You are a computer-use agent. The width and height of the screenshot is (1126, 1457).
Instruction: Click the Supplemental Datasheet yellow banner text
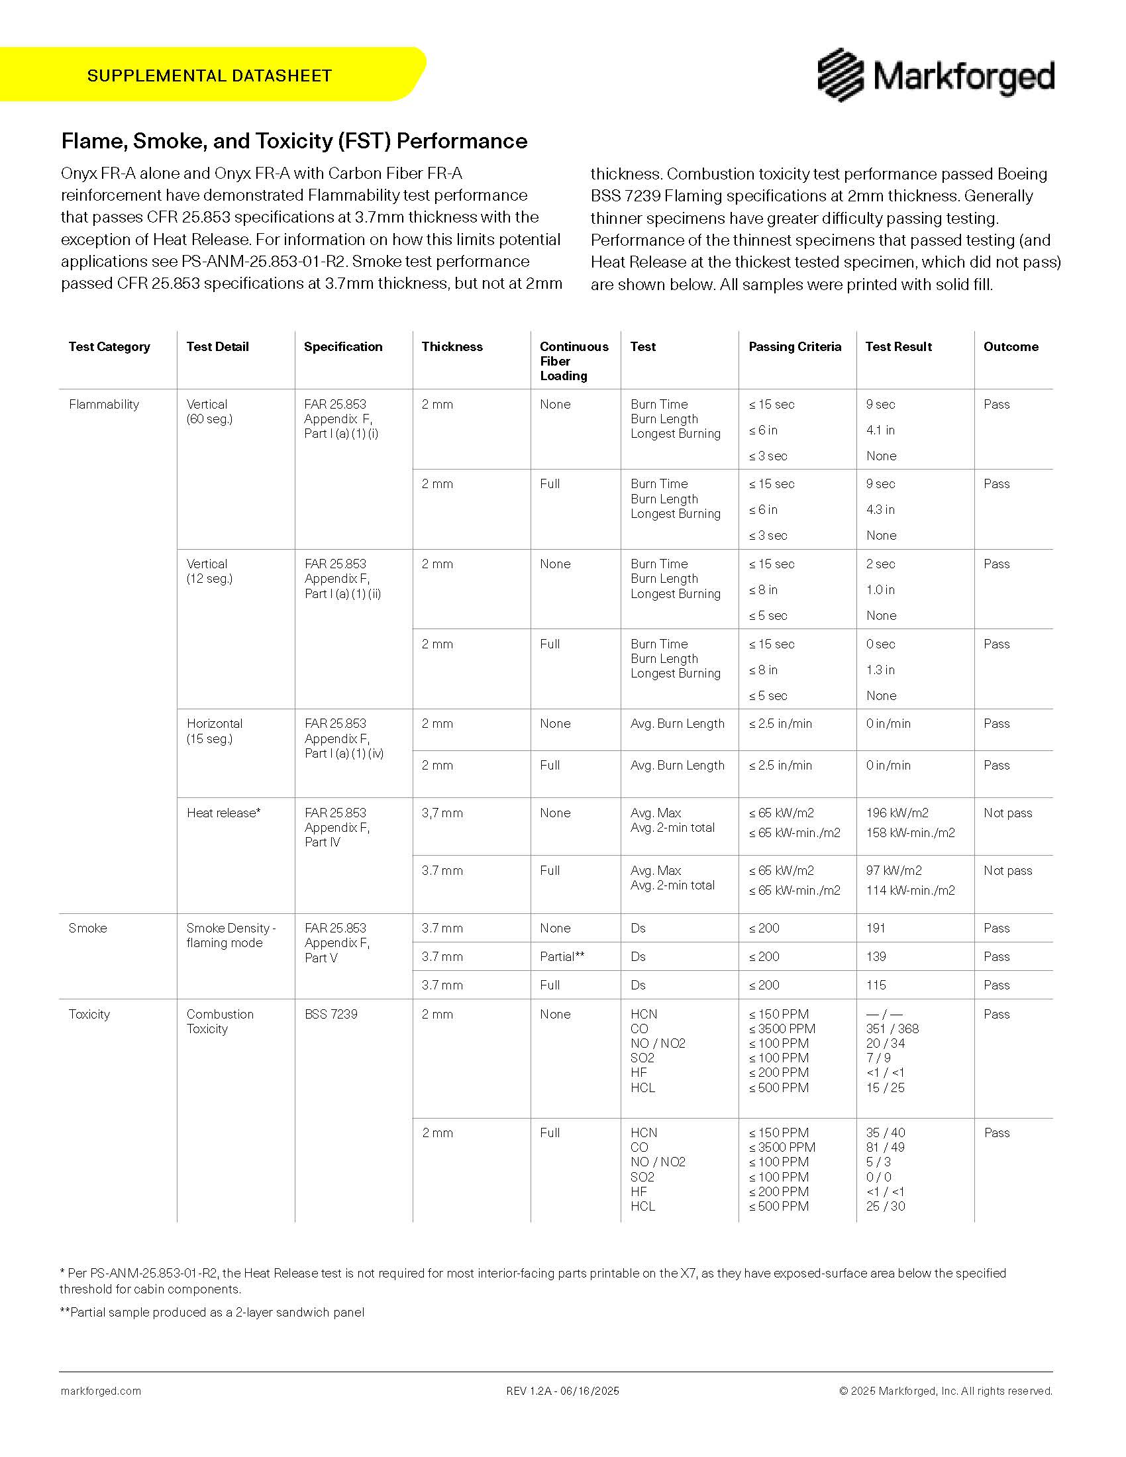[209, 75]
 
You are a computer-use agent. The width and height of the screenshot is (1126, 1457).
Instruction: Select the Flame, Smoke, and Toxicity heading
[294, 141]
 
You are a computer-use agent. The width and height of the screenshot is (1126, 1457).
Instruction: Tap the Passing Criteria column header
[794, 346]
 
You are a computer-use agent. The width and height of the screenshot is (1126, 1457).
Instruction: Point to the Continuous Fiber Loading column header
[574, 361]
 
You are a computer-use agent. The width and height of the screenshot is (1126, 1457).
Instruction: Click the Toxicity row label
[89, 1014]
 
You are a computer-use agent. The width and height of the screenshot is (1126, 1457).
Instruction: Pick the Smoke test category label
[87, 928]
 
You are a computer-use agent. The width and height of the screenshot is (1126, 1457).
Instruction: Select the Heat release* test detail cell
[223, 813]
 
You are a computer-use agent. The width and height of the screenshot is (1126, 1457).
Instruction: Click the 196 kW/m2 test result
[897, 813]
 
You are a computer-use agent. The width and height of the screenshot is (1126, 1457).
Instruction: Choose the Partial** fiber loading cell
[562, 956]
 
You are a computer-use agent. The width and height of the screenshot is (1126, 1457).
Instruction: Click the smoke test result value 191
[876, 928]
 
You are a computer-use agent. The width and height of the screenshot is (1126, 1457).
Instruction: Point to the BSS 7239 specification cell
[331, 1014]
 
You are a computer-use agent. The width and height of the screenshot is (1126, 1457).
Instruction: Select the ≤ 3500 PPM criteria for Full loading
[782, 1147]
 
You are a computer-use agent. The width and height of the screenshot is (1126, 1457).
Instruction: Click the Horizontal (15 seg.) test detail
[215, 730]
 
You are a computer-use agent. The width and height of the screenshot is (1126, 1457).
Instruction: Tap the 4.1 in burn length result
[880, 430]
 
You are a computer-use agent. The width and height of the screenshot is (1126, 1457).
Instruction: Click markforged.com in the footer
[101, 1391]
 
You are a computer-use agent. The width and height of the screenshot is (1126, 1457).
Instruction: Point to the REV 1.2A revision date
[562, 1391]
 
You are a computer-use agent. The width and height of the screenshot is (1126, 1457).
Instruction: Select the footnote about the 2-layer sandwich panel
[212, 1312]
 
